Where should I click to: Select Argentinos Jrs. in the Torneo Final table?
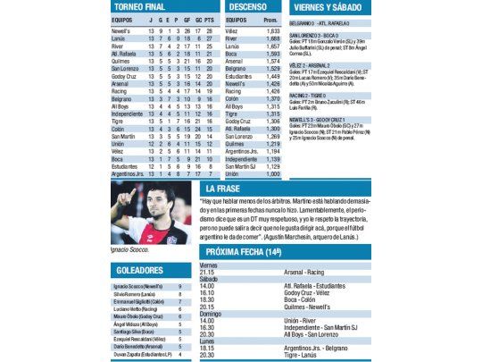tap(129, 173)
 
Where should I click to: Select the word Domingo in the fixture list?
tap(211, 314)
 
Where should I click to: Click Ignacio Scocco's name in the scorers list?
tap(133, 286)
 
